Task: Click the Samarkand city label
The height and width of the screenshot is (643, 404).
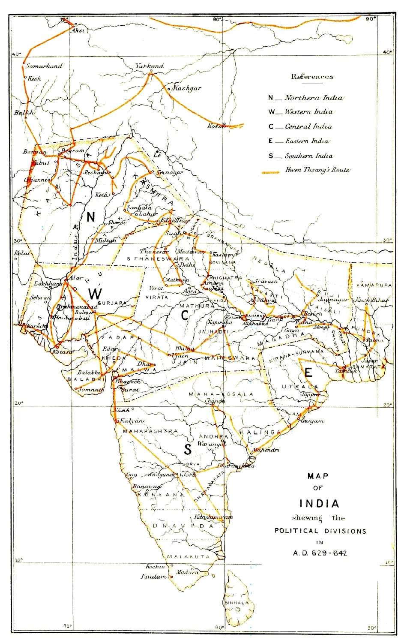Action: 44,66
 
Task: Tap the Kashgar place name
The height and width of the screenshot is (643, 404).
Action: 187,88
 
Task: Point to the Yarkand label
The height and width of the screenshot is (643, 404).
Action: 150,66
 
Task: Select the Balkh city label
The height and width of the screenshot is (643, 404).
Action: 24,113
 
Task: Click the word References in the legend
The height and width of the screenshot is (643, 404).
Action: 312,77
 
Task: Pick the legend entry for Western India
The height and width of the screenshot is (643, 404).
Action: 308,112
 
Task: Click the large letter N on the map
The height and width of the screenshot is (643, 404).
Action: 90,217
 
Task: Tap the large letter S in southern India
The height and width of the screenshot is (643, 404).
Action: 188,449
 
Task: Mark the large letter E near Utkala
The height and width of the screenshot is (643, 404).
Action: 308,373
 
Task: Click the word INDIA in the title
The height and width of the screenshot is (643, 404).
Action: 319,503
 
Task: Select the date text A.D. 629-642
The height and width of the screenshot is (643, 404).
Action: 320,553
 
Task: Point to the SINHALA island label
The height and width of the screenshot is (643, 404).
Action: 236,603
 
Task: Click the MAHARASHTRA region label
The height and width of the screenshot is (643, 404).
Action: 150,431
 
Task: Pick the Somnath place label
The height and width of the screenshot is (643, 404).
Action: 92,390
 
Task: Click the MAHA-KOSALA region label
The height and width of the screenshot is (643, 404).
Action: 221,394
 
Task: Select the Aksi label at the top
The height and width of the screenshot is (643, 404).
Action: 78,30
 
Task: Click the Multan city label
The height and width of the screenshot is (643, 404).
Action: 105,240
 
